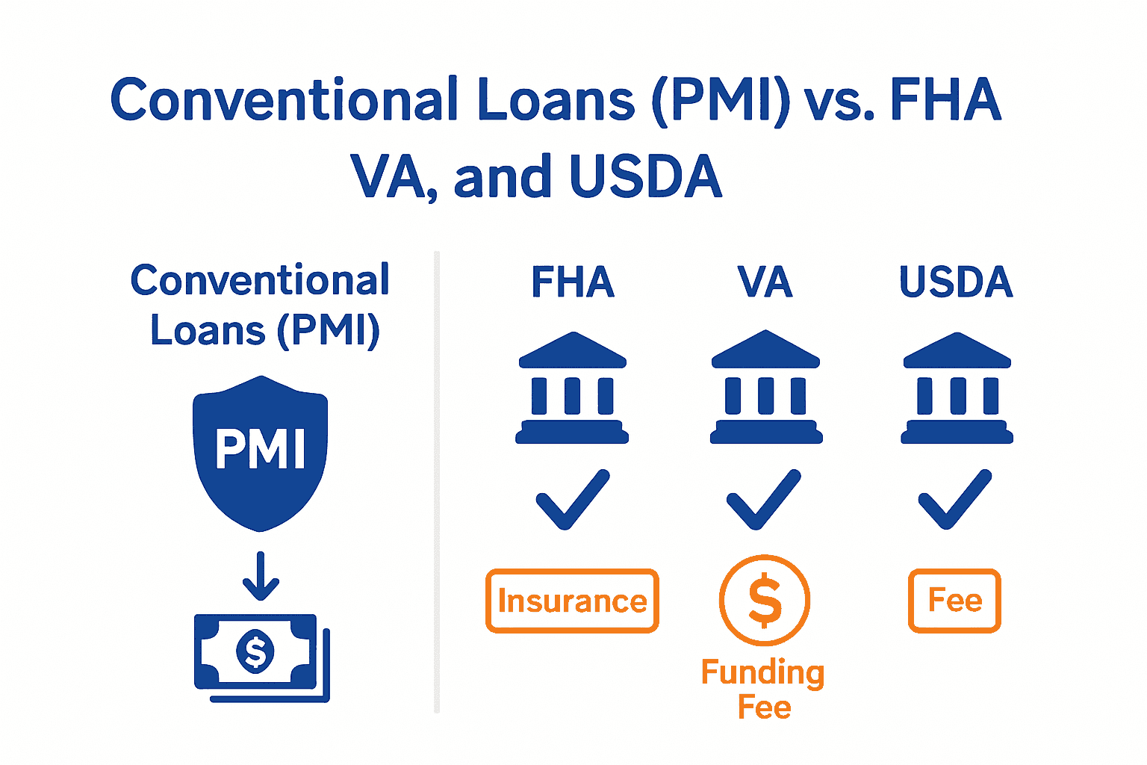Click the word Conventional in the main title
pos(284,100)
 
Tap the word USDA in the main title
pos(645,177)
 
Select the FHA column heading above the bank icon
pos(573,282)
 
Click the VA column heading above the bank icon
pos(765,282)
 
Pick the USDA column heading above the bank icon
pos(956,282)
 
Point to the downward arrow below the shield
pos(261,576)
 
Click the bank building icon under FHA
pos(573,388)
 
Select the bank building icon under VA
pos(765,388)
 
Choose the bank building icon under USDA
pos(957,388)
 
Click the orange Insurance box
pos(572,601)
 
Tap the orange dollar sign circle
pos(765,600)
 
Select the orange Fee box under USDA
pos(954,601)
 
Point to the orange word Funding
pos(762,672)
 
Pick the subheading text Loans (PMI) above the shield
pos(265,330)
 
